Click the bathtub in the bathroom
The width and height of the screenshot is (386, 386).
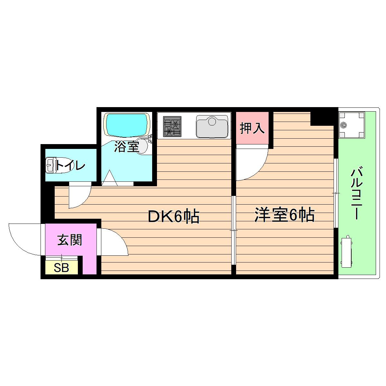point(127,124)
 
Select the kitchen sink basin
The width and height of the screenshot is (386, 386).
point(212,125)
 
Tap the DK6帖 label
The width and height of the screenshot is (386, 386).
point(174,217)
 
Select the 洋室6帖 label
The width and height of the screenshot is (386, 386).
point(284,215)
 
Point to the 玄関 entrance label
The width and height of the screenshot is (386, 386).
point(69,240)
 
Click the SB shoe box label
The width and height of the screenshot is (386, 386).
point(61,268)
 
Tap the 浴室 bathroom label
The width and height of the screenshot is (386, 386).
point(126,147)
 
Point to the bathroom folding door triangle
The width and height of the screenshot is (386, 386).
point(110,178)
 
